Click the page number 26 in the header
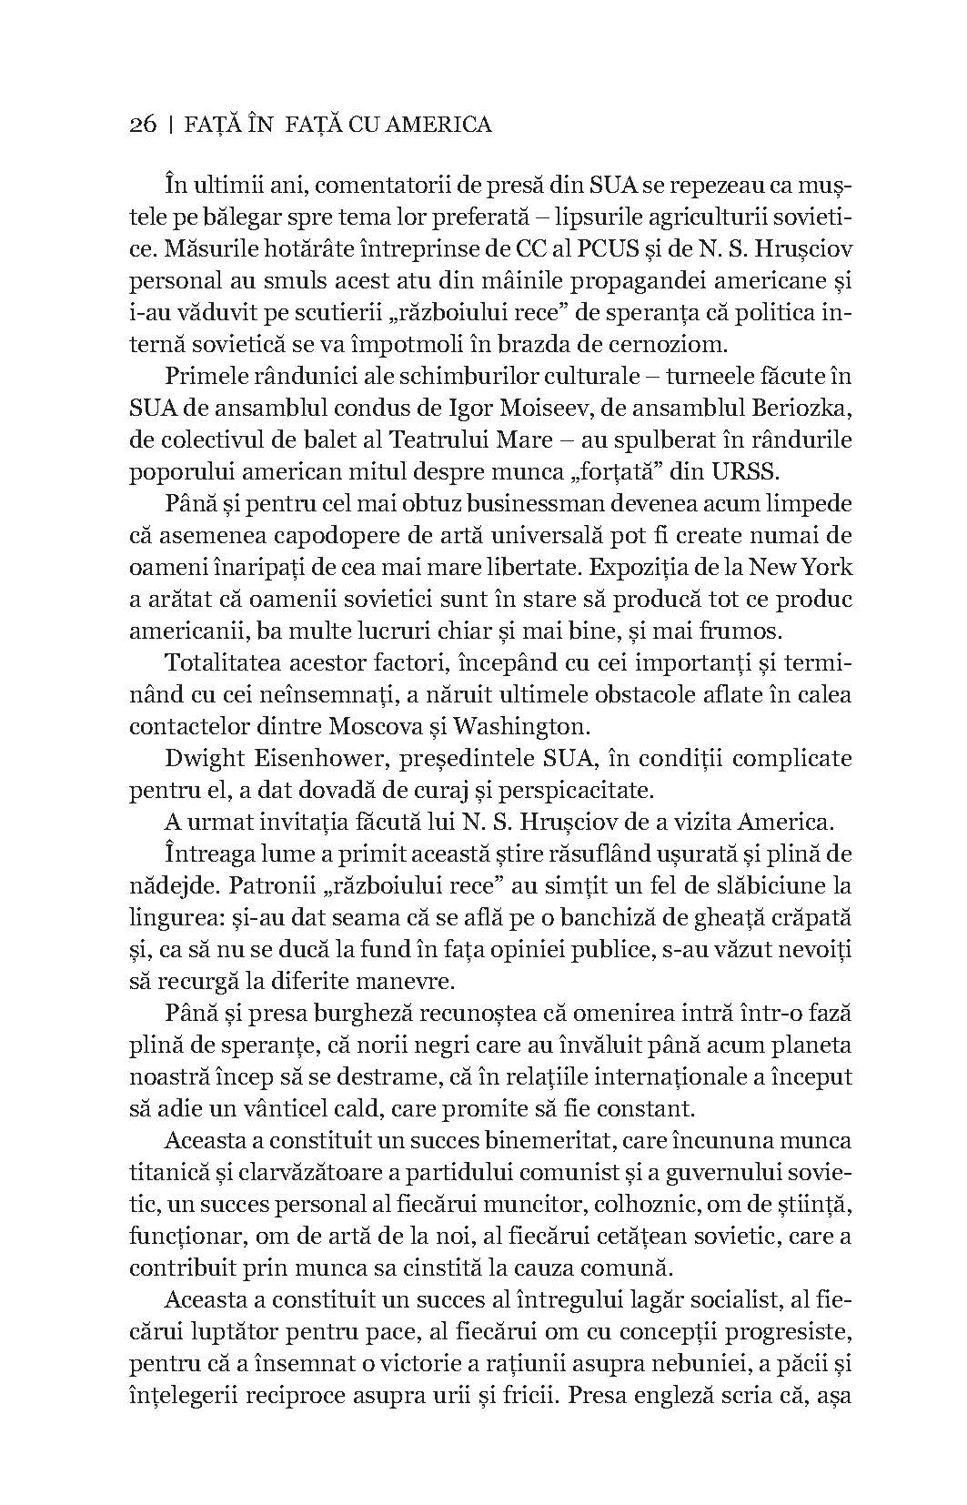click(144, 124)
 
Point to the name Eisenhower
click(300, 758)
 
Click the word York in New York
click(825, 567)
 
